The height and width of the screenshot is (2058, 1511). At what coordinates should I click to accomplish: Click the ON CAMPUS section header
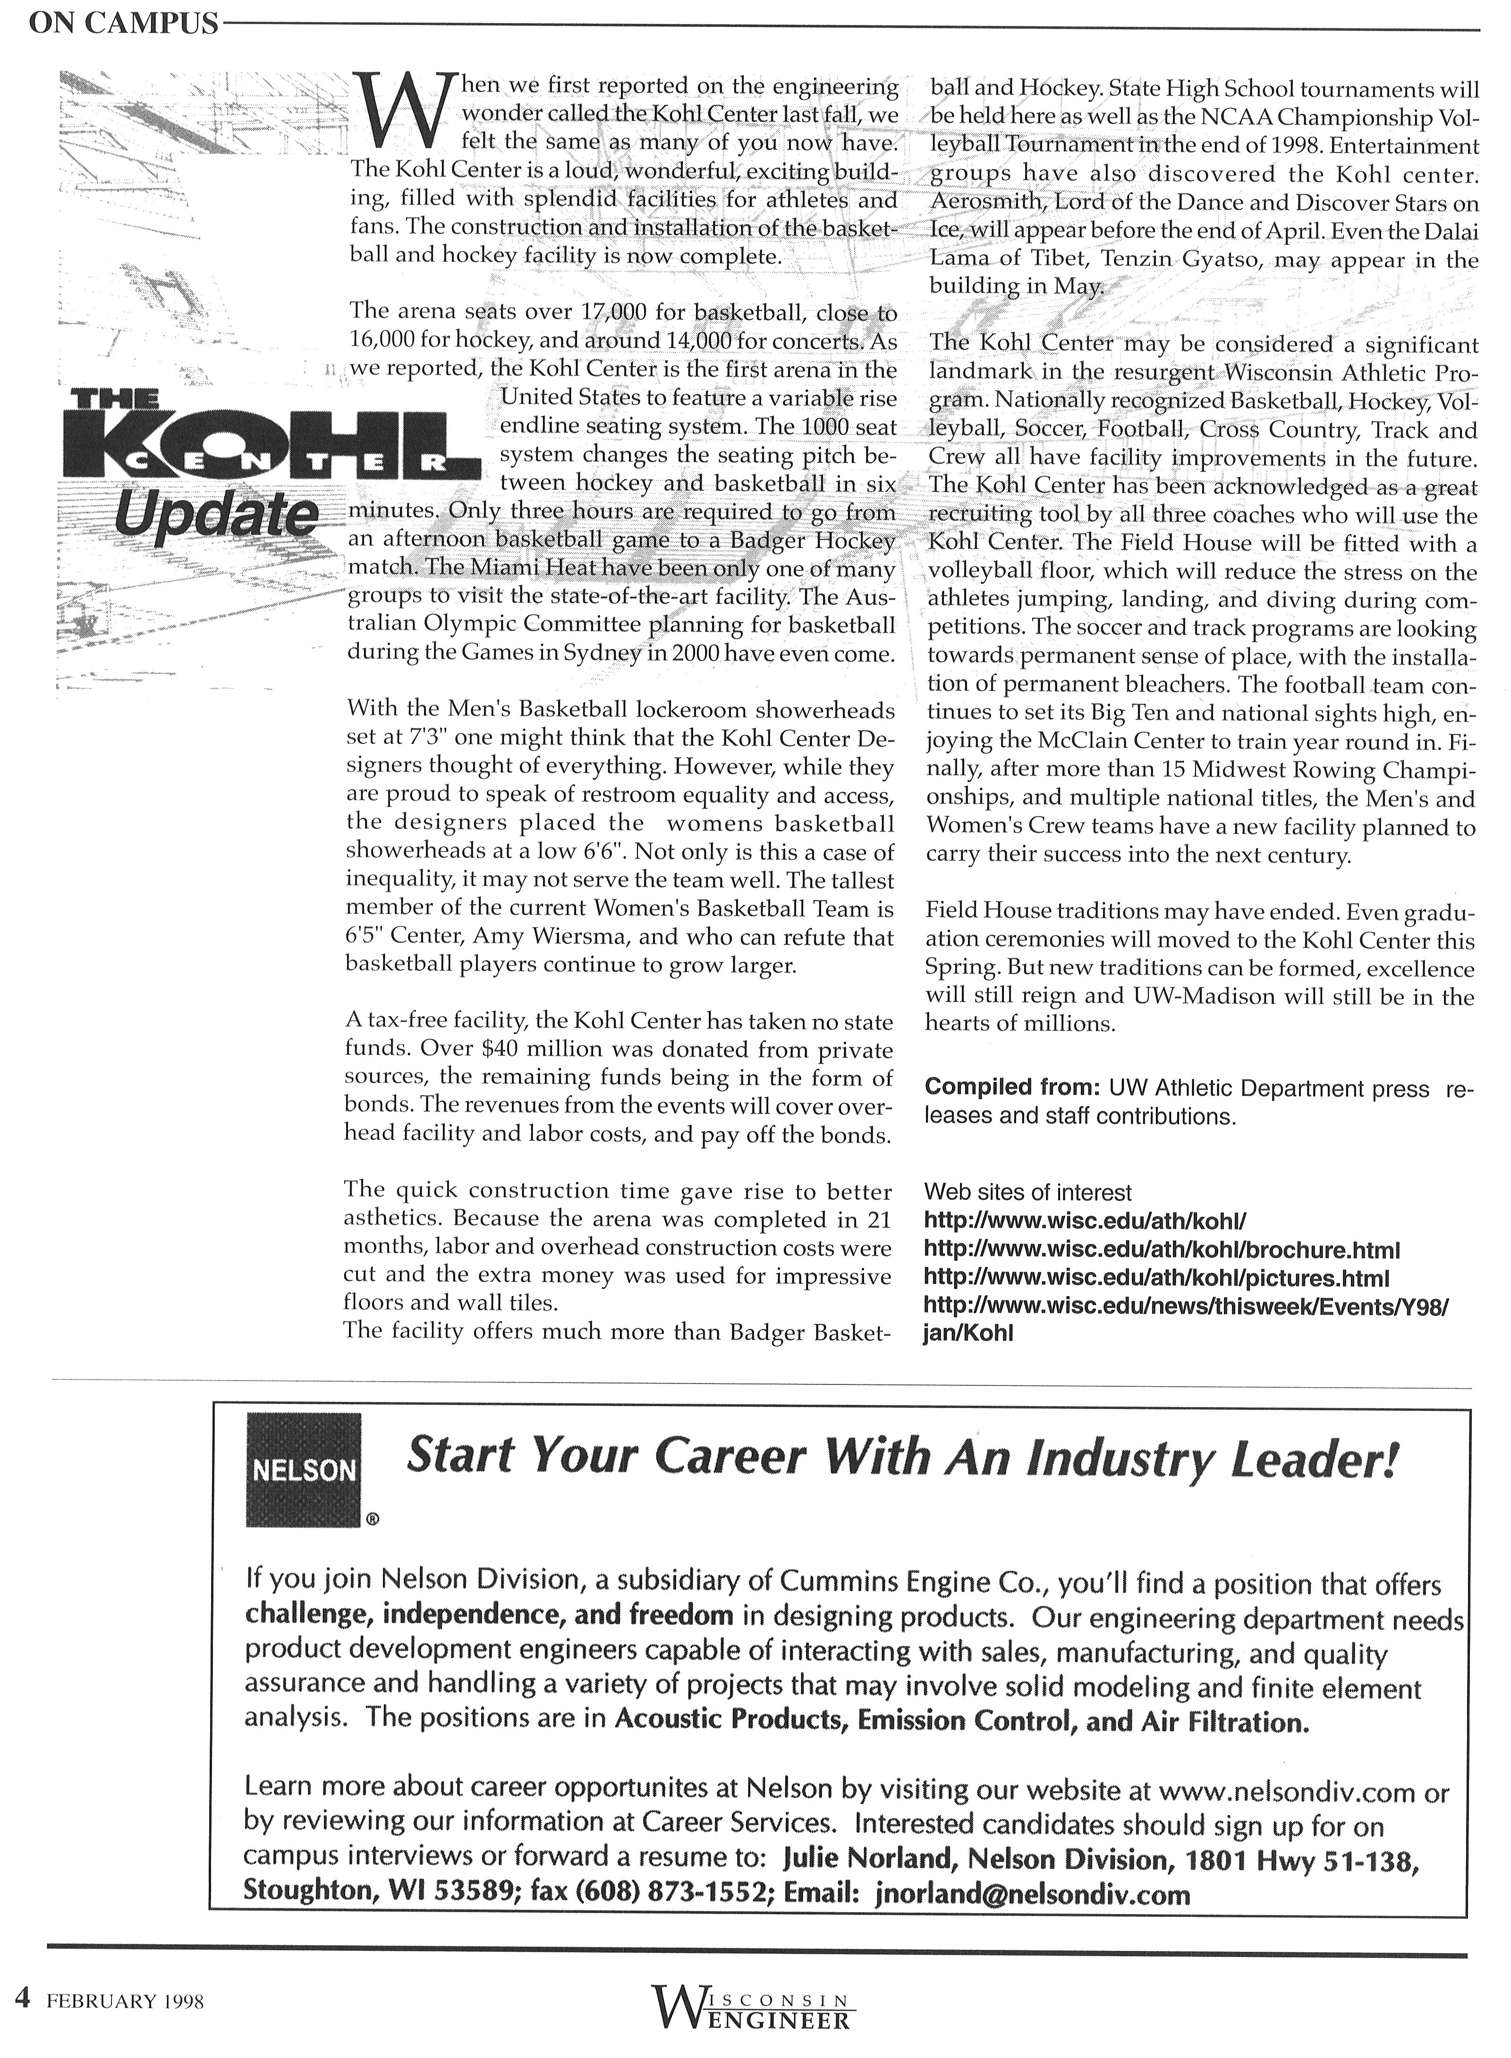(124, 25)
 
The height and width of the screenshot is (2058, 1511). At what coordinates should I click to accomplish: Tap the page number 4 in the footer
(23, 1999)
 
